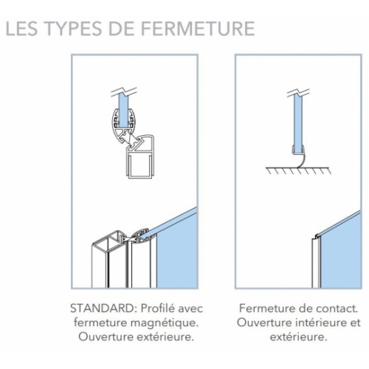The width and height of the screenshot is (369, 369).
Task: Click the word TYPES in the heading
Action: (74, 28)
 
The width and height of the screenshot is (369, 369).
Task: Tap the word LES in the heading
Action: (21, 28)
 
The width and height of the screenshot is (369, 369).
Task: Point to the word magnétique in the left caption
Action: (164, 323)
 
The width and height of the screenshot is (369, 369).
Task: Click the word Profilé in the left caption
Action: (157, 308)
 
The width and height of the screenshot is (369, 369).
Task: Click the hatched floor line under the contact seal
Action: (298, 170)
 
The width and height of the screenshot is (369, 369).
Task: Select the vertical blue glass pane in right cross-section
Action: (299, 123)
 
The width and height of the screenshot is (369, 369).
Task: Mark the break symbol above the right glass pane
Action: (298, 93)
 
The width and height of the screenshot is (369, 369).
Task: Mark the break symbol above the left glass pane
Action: (124, 92)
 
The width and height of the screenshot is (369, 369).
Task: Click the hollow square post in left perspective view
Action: (108, 261)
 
